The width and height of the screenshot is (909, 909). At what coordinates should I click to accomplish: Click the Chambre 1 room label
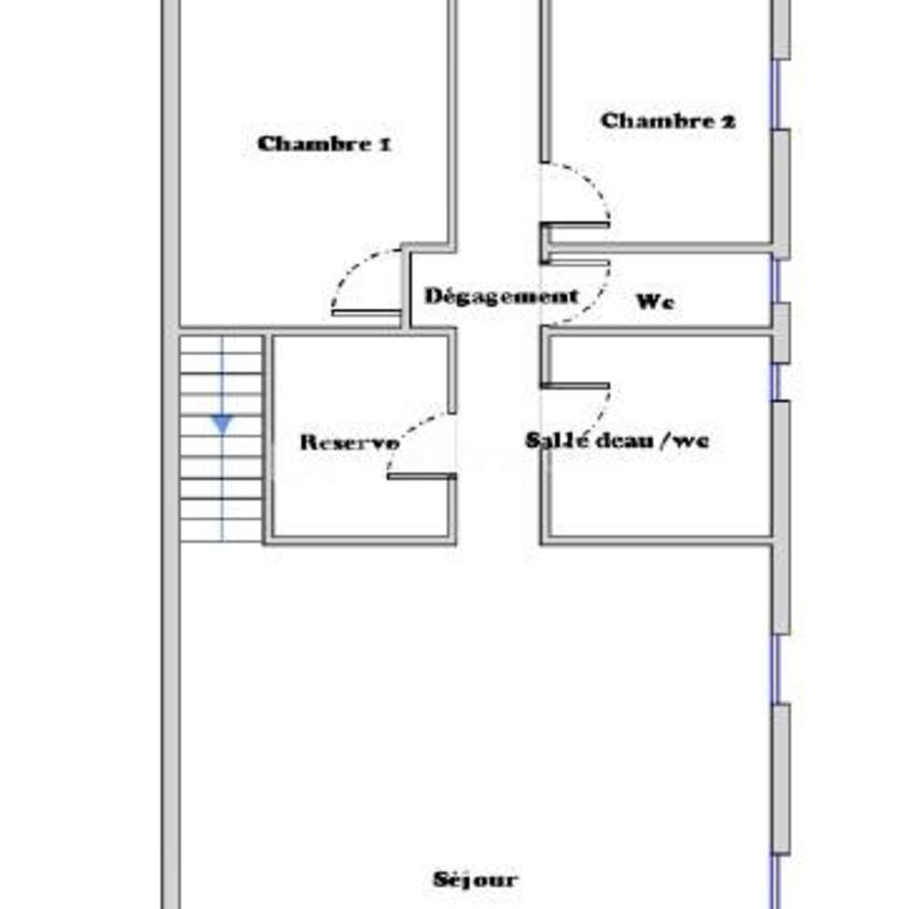tap(325, 144)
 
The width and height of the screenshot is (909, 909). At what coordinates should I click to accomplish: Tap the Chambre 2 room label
tap(668, 121)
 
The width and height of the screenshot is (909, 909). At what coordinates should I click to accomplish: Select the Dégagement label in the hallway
tap(501, 296)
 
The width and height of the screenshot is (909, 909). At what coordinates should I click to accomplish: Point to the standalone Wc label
tap(654, 303)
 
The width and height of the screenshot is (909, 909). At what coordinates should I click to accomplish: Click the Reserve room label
tap(349, 443)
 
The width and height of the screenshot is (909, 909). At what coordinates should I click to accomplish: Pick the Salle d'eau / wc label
tap(617, 441)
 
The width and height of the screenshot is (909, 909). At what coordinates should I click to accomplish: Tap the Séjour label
tap(474, 879)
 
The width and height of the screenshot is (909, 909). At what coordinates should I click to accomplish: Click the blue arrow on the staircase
tap(222, 424)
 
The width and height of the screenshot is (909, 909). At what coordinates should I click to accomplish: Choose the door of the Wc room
tap(578, 291)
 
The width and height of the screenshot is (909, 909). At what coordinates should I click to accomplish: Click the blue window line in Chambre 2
tap(777, 95)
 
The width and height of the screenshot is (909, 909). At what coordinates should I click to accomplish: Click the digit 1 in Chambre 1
tap(385, 144)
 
